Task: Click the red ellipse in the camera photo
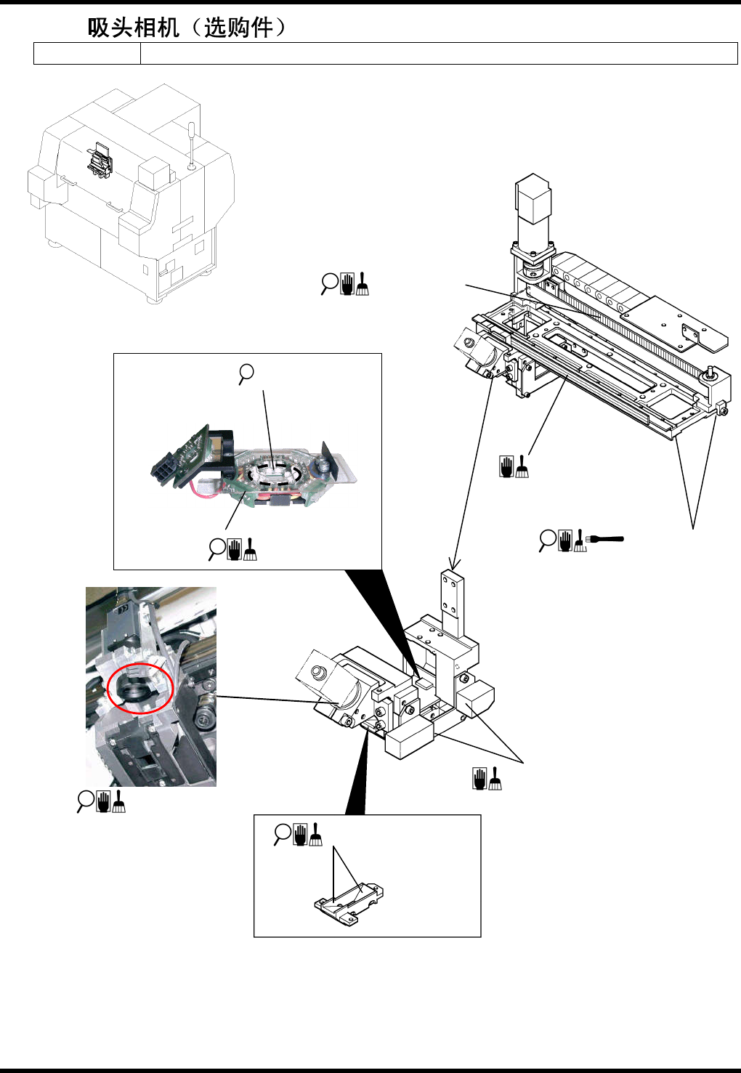tap(140, 687)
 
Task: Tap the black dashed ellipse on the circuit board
tap(275, 473)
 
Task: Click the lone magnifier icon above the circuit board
tap(246, 374)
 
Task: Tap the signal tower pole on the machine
tap(191, 145)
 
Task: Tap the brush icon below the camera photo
tap(119, 802)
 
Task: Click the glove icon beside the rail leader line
tap(506, 466)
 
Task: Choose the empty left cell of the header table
tap(87, 53)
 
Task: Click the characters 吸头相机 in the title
tap(134, 28)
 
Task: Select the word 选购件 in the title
tap(238, 28)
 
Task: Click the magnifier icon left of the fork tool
tap(548, 540)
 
